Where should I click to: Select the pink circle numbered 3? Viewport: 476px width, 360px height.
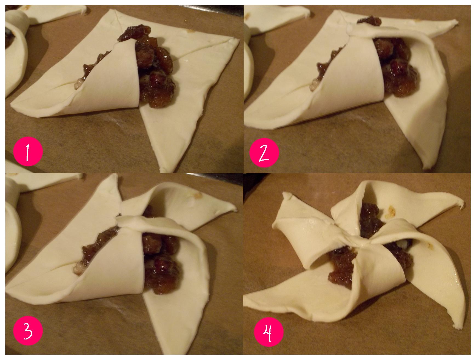pyautogui.click(x=28, y=331)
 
